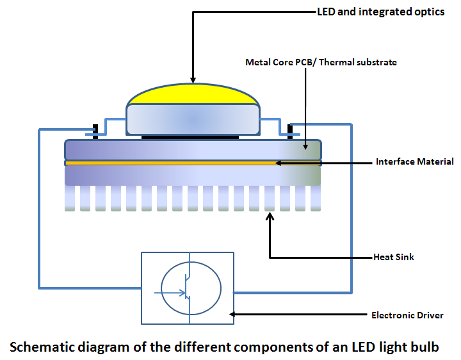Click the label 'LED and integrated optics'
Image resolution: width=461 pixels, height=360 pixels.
tap(380, 12)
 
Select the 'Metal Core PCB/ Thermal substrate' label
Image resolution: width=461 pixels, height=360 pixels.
tap(321, 62)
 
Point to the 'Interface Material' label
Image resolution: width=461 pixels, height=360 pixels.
tap(415, 161)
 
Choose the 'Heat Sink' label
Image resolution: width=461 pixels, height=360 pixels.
tap(394, 257)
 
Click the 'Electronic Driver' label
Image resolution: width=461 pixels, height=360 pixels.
tap(407, 315)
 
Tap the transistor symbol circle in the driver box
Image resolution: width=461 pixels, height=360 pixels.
tap(191, 288)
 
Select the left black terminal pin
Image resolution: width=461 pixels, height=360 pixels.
tap(95, 131)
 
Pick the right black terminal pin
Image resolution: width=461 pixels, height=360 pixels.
tap(290, 131)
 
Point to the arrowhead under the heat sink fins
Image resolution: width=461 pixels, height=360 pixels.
tap(270, 217)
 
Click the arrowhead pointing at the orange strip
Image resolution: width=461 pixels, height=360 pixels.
tap(280, 163)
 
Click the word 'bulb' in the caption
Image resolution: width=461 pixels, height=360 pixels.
tap(425, 347)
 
